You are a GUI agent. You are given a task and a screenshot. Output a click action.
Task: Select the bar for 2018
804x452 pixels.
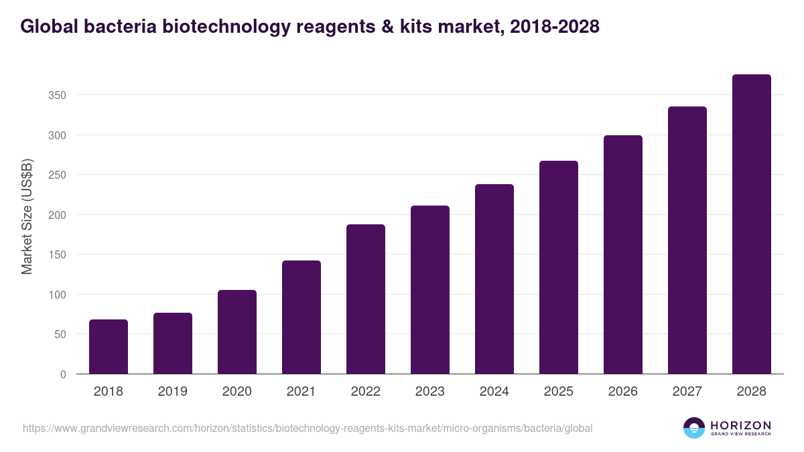(x=109, y=347)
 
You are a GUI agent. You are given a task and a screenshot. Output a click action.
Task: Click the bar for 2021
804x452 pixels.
(x=301, y=317)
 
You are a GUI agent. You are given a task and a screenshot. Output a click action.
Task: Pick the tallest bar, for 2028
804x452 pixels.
(x=752, y=224)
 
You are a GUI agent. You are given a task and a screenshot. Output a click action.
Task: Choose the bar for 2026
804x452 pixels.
(x=623, y=254)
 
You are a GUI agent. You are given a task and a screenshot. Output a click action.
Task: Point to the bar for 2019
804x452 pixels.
(x=173, y=344)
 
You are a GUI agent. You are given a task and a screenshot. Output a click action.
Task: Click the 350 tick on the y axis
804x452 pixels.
(x=57, y=96)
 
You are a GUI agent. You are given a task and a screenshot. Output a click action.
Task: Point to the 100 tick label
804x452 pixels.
(x=57, y=295)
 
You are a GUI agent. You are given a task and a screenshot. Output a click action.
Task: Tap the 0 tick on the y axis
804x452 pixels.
(x=63, y=374)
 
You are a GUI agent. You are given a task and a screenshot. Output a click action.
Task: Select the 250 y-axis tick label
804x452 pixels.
(x=57, y=175)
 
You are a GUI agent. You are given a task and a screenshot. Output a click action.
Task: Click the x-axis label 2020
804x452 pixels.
(x=237, y=392)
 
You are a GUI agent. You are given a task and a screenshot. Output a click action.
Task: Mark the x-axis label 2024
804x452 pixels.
(x=494, y=392)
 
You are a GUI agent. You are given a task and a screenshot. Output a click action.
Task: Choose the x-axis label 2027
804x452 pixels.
(x=687, y=392)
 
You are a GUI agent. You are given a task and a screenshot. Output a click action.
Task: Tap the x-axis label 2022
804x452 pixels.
(x=366, y=392)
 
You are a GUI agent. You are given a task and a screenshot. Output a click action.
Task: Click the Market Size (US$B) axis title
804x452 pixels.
(x=27, y=216)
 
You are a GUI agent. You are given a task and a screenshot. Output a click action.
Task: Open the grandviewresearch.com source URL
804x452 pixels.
(x=308, y=428)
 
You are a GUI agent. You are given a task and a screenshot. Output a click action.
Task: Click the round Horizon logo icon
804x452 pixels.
(x=694, y=428)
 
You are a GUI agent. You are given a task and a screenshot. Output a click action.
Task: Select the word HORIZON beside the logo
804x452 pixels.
(x=740, y=425)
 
